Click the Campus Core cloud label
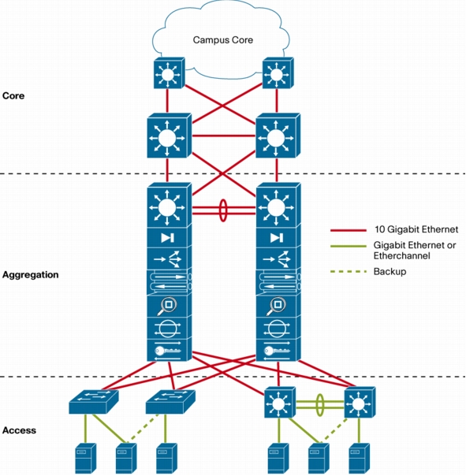tap(223, 39)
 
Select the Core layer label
tap(13, 95)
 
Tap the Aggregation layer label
tap(31, 275)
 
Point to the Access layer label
tap(19, 430)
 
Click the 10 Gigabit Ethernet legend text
tap(416, 229)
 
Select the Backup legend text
tap(390, 271)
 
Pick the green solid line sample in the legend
tap(349, 246)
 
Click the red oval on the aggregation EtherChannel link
tap(223, 210)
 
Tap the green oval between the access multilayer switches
tap(319, 404)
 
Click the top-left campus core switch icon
tap(170, 73)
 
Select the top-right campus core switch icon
tap(278, 73)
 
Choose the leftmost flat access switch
tap(94, 402)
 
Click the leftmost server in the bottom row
tap(86, 459)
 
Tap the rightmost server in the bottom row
tap(359, 459)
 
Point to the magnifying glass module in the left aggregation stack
tap(170, 306)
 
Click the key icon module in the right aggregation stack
tap(278, 350)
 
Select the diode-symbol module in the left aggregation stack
tap(170, 236)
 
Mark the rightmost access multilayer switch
tap(360, 402)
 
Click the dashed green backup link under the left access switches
tap(143, 427)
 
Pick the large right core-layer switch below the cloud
tap(278, 136)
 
